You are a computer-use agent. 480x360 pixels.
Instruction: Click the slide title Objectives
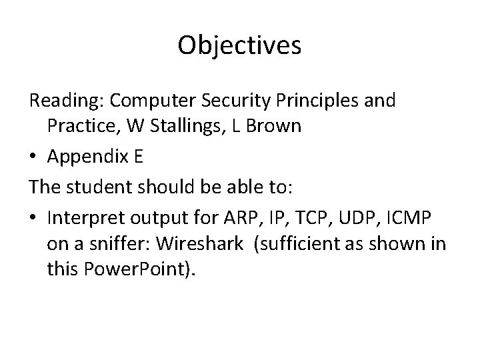240,46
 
